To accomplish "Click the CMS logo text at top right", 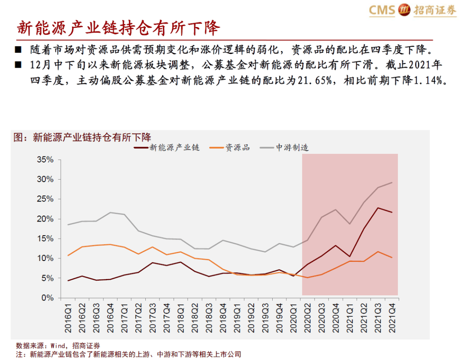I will point(382,10).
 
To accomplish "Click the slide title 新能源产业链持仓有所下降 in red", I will point(118,29).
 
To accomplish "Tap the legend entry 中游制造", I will point(292,148).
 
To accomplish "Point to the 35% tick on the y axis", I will point(44,159).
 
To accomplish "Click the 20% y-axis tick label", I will point(44,219).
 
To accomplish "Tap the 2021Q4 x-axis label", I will point(392,317).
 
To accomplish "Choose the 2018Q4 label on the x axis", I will point(223,317).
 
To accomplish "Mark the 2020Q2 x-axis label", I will point(307,317).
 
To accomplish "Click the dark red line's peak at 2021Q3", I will point(378,208).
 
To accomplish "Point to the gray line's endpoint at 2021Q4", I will point(392,183).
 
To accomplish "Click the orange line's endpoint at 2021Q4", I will point(392,258).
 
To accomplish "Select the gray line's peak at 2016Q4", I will point(111,213).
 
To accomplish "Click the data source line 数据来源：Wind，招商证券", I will point(58,345).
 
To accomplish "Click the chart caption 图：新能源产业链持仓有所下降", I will point(82,137).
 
